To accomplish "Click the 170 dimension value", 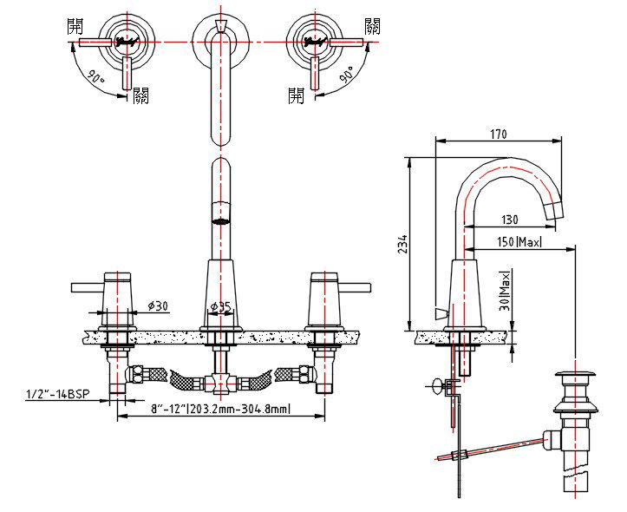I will [x=498, y=134].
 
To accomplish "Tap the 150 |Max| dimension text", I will [x=519, y=242].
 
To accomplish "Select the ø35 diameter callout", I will [x=221, y=306].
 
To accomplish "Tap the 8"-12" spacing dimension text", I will [x=220, y=409].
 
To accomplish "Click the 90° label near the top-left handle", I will [x=96, y=77].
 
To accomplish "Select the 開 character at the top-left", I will [x=76, y=26].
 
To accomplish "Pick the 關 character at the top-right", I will [x=372, y=26].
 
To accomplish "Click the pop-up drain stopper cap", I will [x=573, y=376].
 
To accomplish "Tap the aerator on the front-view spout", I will [x=222, y=211].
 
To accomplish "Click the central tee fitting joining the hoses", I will [x=222, y=381].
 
